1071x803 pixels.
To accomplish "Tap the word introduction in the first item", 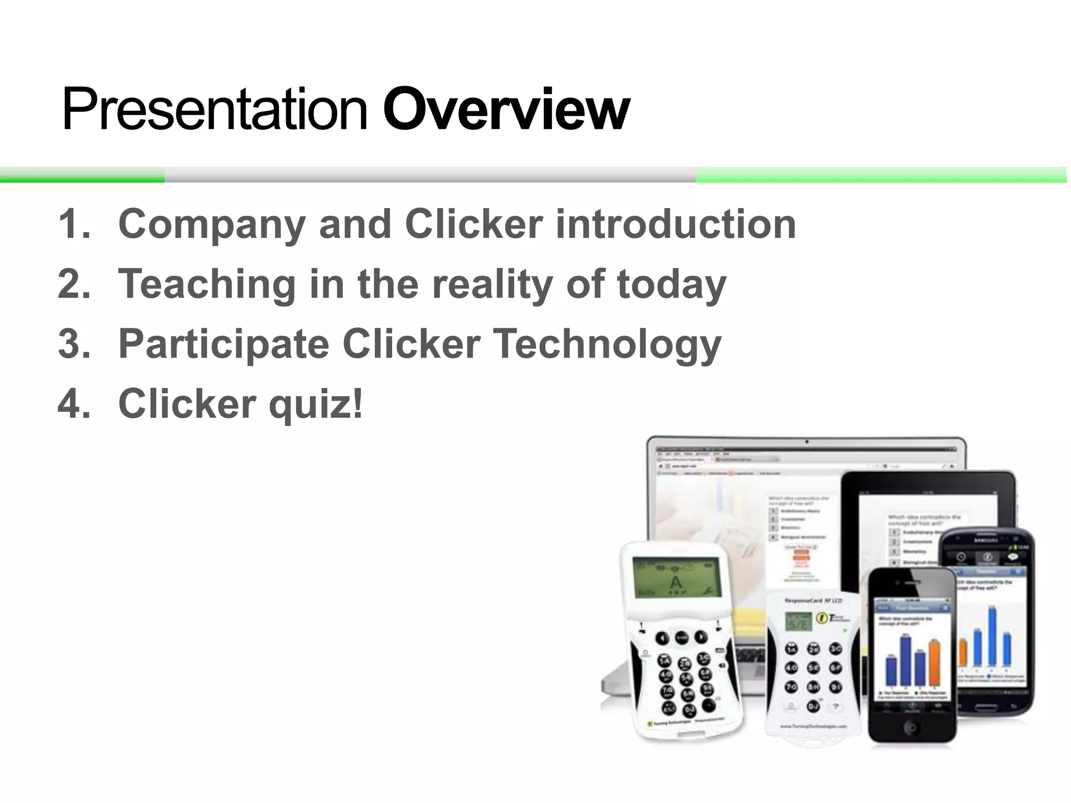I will pyautogui.click(x=675, y=224).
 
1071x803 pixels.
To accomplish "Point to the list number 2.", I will pyautogui.click(x=73, y=284).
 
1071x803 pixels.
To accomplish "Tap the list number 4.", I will pyautogui.click(x=73, y=404).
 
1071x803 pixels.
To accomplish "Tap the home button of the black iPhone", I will pyautogui.click(x=910, y=727).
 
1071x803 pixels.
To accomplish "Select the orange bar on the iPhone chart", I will pyautogui.click(x=934, y=662).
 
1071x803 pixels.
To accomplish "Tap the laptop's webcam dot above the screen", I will pyautogui.click(x=807, y=442).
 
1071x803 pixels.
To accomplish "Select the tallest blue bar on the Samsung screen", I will pyautogui.click(x=992, y=635).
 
